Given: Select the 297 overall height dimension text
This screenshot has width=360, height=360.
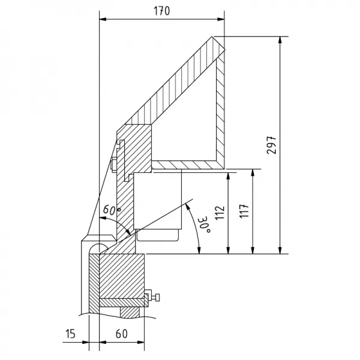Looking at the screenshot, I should (x=271, y=145).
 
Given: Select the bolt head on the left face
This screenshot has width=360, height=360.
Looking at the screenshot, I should (x=114, y=163).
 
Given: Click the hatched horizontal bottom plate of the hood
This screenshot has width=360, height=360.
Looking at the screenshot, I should (x=186, y=163).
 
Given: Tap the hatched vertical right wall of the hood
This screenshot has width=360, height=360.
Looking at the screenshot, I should (x=221, y=108).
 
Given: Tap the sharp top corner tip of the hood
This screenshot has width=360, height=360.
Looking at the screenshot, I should (x=212, y=37).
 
